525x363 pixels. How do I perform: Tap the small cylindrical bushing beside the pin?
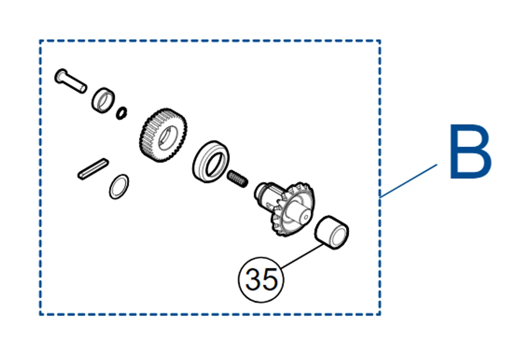[x=103, y=101]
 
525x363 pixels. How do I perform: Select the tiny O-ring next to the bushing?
[x=122, y=113]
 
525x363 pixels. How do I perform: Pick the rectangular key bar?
[x=92, y=169]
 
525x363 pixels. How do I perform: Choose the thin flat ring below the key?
[x=119, y=187]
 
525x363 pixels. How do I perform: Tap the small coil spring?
[x=238, y=179]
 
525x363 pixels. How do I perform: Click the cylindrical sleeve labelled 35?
[x=331, y=233]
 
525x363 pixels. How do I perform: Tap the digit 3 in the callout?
[x=253, y=279]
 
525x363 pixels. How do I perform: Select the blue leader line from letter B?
[x=409, y=180]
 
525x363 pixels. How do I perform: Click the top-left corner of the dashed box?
[x=40, y=41]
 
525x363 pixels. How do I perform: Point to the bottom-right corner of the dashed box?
[x=380, y=314]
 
